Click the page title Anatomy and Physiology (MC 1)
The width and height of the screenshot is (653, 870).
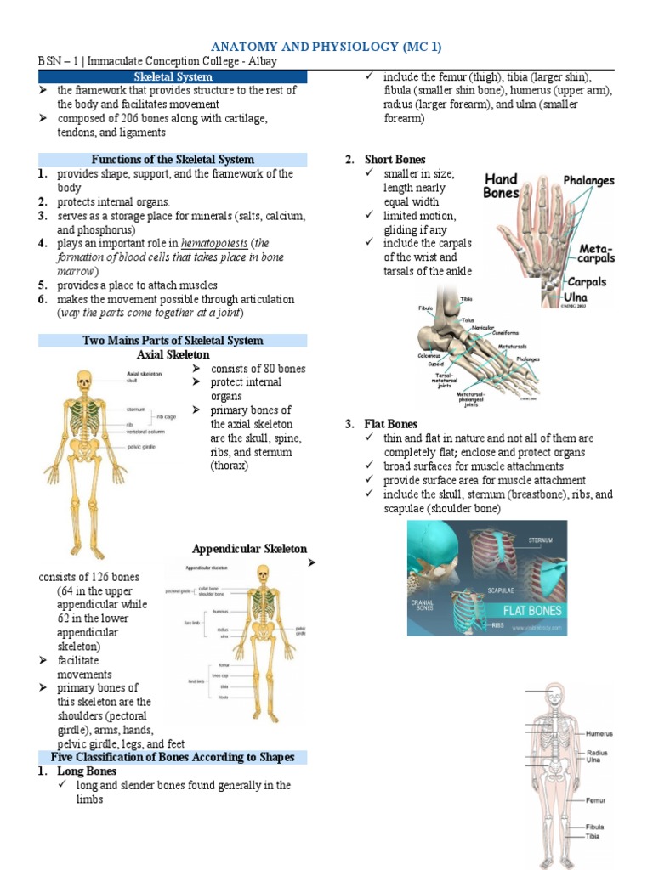(326, 46)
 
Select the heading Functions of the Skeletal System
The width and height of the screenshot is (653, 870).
(173, 160)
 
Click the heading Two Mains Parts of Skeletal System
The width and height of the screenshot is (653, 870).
(173, 341)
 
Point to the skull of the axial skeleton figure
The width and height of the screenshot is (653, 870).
(82, 380)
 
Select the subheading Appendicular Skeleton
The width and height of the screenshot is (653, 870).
(249, 549)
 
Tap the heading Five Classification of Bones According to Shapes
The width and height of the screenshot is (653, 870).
(173, 757)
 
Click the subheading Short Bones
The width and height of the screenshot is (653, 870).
(395, 160)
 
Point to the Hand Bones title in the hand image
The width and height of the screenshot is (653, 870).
(501, 185)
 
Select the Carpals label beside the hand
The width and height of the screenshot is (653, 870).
(587, 281)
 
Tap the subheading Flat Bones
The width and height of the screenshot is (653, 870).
(390, 424)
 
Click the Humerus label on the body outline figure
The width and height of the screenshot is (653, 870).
(599, 733)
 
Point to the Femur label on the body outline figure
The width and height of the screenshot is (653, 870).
(594, 799)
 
